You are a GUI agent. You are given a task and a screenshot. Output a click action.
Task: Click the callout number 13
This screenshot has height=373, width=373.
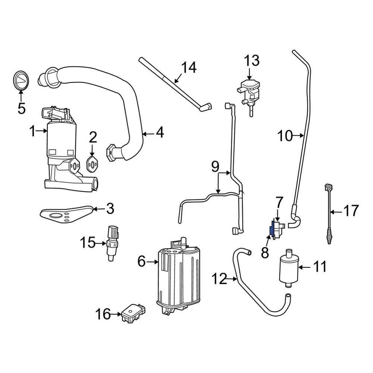(x=252, y=60)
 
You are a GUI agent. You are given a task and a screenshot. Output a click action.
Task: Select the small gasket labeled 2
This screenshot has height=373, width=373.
(x=92, y=164)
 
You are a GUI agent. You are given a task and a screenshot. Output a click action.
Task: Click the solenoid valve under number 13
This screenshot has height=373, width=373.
(x=248, y=92)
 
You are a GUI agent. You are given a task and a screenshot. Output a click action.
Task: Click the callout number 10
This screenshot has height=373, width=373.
(x=285, y=136)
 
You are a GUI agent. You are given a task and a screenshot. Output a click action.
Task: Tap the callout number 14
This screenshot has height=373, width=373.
(x=189, y=68)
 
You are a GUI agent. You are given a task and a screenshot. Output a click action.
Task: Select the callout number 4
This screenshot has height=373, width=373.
(x=160, y=133)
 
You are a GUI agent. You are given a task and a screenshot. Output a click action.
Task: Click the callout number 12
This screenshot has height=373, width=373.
(x=219, y=279)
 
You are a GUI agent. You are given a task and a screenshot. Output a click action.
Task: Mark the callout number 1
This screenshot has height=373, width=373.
(x=33, y=131)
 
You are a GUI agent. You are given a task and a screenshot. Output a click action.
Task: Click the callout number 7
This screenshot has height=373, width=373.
(x=279, y=203)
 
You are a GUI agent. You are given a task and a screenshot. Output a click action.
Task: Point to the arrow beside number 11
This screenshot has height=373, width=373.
(x=304, y=267)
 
